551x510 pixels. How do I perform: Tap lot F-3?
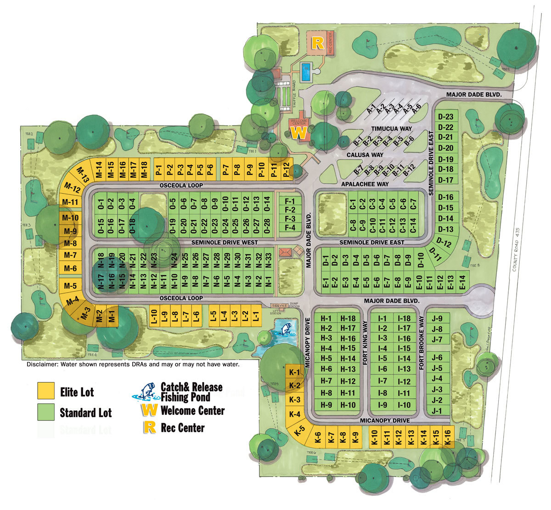click(290, 219)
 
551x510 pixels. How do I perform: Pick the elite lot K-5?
click(299, 431)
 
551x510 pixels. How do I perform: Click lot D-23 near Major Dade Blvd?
click(445, 117)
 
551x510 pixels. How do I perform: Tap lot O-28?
click(267, 223)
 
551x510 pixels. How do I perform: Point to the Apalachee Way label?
click(365, 184)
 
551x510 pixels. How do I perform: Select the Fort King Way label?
click(365, 343)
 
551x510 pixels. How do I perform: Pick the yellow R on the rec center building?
click(317, 43)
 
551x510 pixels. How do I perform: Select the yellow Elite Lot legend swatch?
click(46, 391)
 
